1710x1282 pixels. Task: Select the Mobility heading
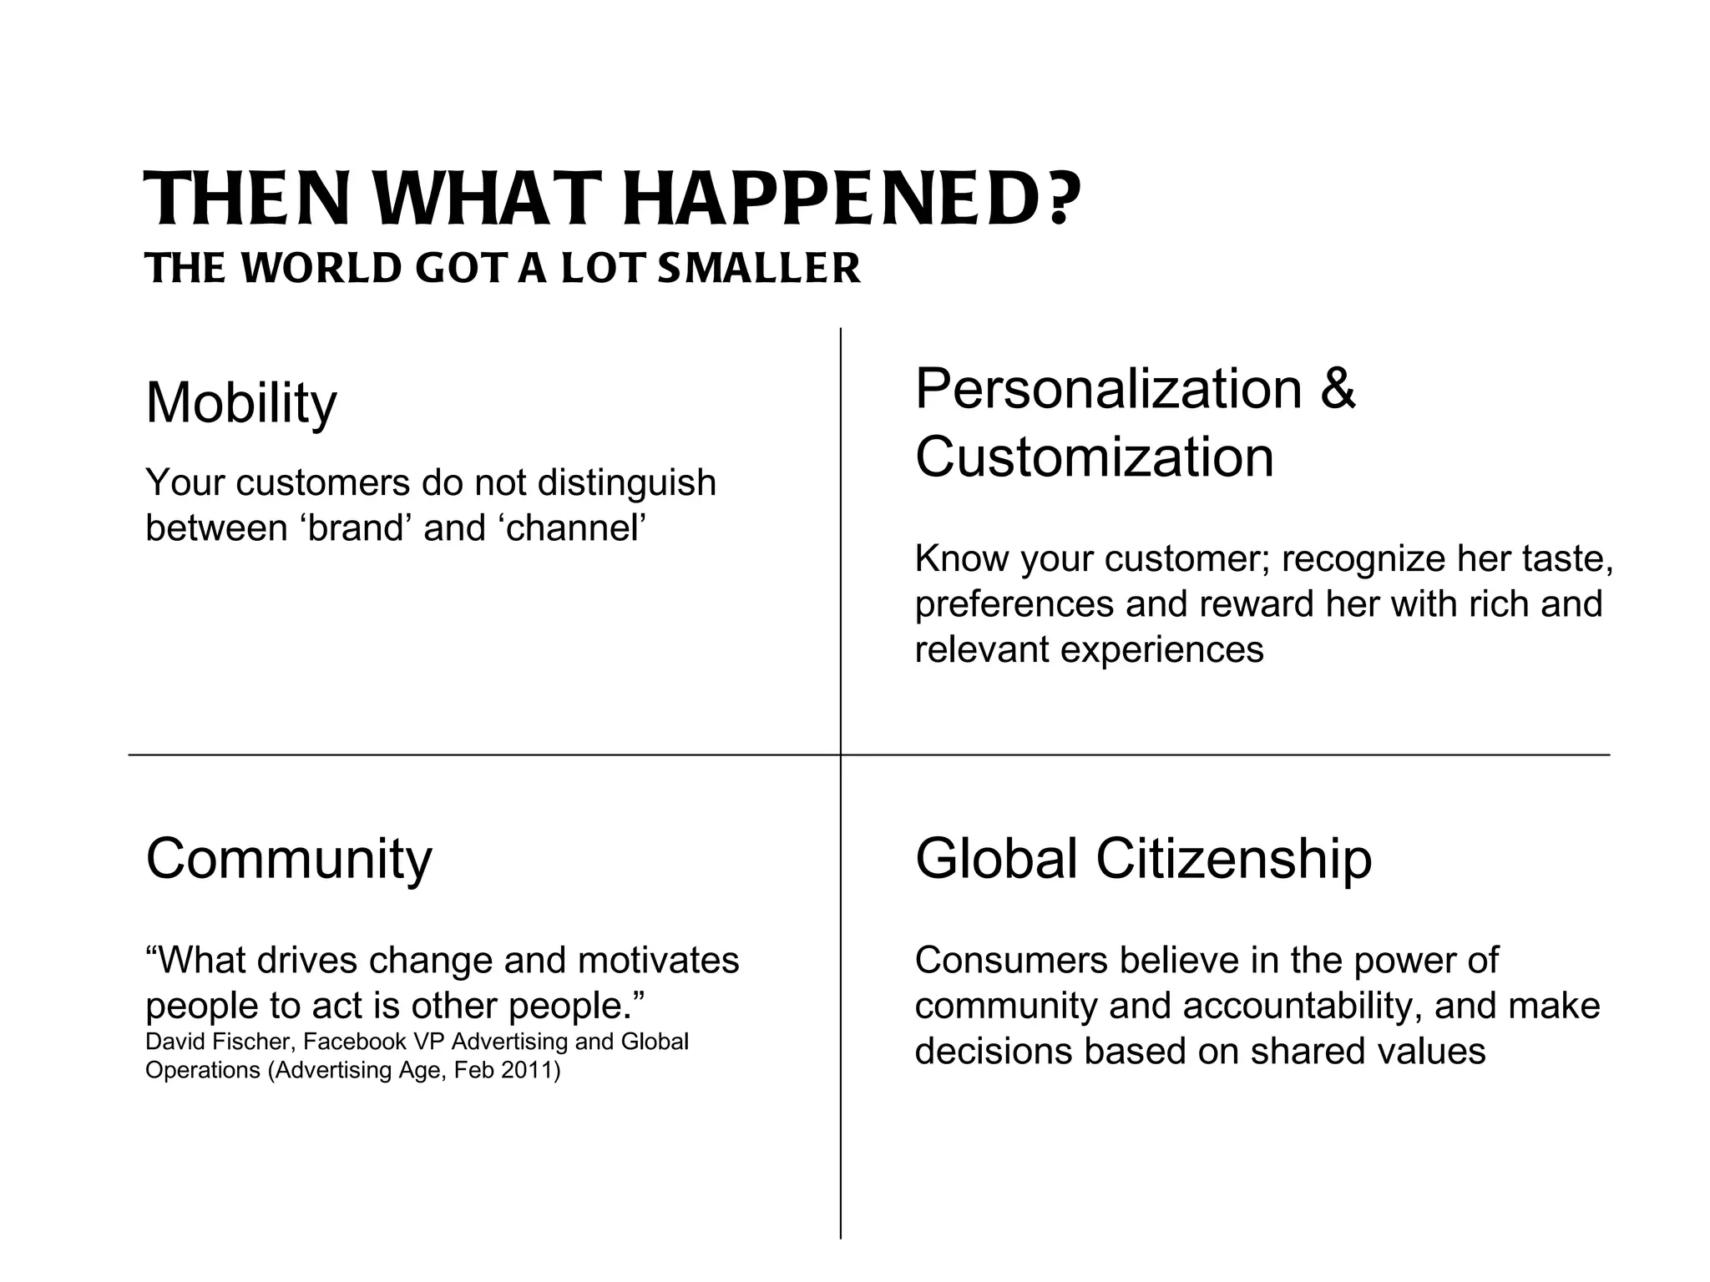coord(241,403)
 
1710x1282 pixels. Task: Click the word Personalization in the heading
coord(1109,388)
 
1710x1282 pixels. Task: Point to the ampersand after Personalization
coord(1338,388)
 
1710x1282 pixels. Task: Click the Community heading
coord(289,858)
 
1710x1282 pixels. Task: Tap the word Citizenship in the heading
coord(1233,858)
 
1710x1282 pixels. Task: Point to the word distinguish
coord(626,482)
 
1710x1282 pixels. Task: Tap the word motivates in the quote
coord(658,960)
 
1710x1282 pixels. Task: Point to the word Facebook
coord(356,1042)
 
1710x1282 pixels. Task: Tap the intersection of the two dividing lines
coord(841,755)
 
